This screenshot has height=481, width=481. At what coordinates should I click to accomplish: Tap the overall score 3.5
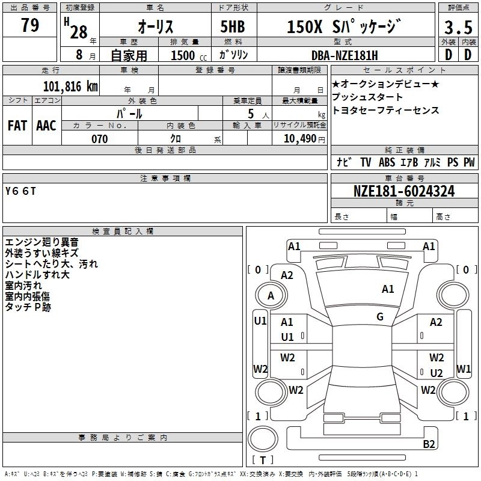[457, 27]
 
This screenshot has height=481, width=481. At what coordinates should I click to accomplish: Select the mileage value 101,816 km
[70, 86]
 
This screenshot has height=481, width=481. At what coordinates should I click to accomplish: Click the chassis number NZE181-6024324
[404, 192]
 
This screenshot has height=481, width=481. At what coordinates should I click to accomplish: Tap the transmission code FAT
[17, 125]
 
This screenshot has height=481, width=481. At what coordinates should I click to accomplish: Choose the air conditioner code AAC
[46, 125]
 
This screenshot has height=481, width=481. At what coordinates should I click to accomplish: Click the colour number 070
[99, 139]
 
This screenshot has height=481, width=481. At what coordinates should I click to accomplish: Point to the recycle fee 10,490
[296, 139]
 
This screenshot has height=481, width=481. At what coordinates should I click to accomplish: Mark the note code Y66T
[21, 191]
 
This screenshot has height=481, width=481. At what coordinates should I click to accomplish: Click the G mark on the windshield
[380, 317]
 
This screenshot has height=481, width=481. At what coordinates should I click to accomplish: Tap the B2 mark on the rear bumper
[429, 444]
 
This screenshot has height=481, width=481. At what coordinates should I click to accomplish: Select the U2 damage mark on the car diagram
[437, 373]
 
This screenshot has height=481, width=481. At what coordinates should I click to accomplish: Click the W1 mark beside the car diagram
[464, 369]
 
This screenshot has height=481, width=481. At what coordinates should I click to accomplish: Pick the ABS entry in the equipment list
[387, 162]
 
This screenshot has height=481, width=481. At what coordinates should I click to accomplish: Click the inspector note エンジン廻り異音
[41, 242]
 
